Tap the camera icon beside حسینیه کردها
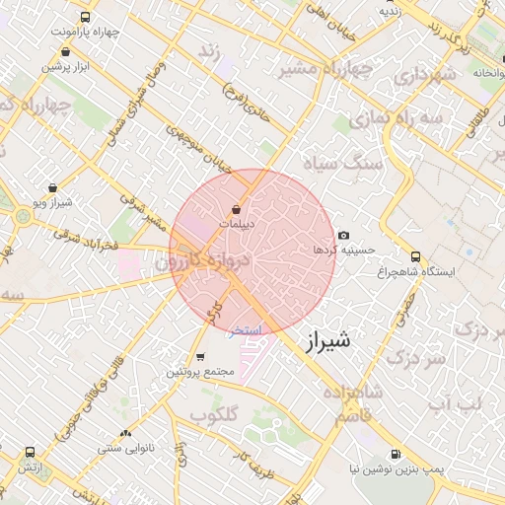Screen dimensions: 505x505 343,235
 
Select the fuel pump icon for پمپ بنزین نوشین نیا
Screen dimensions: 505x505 396,455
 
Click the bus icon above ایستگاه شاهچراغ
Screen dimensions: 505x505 415,256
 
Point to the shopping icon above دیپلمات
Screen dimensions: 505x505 236,209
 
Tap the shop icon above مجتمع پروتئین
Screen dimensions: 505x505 200,357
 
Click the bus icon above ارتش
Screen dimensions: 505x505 28,453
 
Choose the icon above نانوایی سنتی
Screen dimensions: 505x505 124,434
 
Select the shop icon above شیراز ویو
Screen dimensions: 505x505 52,187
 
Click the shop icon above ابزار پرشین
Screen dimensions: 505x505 65,51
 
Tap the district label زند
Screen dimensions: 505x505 208,50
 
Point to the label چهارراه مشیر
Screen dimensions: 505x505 325,69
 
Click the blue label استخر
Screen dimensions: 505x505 246,331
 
